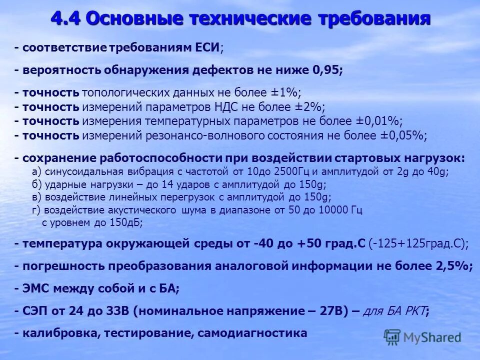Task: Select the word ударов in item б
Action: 180,184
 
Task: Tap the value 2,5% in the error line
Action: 452,266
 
